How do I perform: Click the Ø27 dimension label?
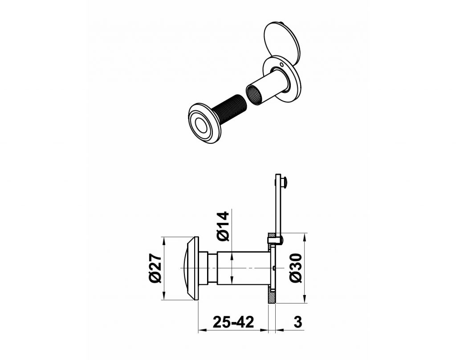click(155, 268)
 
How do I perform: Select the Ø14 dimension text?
click(224, 227)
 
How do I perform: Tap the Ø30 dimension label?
click(296, 268)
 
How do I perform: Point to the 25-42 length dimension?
click(233, 322)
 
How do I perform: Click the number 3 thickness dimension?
click(298, 322)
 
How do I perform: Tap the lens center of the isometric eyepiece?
click(201, 125)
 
